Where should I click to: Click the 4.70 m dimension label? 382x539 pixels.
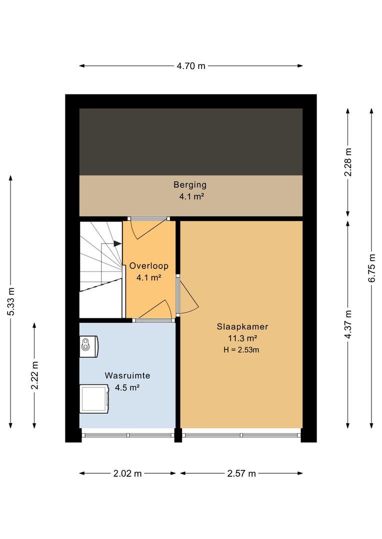[191, 66]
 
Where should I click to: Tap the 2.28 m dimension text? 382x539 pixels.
[348, 162]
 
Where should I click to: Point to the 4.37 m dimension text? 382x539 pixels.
[348, 324]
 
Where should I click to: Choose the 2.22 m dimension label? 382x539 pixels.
[34, 375]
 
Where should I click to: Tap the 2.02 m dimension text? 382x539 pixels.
[127, 473]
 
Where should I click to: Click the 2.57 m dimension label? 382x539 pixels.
[241, 473]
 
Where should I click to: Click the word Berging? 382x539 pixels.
[190, 185]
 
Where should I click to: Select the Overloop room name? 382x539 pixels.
[149, 266]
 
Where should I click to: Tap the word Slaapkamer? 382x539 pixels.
[242, 326]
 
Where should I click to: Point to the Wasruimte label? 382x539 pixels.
[127, 375]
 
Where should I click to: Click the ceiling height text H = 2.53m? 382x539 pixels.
[241, 350]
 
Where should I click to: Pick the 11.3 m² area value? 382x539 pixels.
[242, 338]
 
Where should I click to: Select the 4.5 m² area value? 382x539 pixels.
[127, 387]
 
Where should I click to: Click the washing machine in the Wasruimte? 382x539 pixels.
[94, 399]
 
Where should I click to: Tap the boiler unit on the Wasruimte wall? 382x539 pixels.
[89, 346]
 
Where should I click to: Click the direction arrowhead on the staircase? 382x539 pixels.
[117, 244]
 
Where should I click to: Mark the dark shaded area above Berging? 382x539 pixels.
[191, 142]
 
